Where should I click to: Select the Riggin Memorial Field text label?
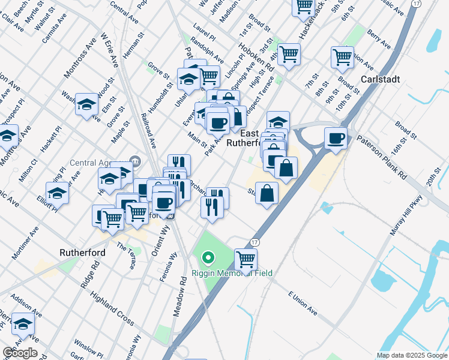tap(232, 273)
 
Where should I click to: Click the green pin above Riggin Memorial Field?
tap(208, 259)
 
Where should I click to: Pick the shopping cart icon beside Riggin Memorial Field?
tap(246, 259)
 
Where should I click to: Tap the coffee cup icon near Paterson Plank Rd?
tap(336, 139)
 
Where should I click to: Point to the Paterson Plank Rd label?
tap(390, 157)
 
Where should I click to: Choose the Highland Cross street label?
tap(112, 307)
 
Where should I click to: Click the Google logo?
tap(20, 353)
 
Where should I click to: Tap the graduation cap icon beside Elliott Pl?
tap(58, 193)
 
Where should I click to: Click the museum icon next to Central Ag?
tap(135, 161)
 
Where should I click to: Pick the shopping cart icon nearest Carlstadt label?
tap(342, 58)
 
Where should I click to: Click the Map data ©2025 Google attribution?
tap(411, 355)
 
